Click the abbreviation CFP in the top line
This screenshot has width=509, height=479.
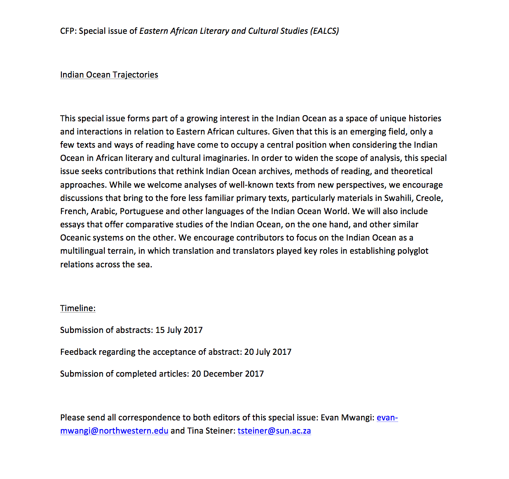[67, 31]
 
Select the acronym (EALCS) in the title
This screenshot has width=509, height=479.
[325, 31]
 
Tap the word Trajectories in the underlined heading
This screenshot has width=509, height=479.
[135, 75]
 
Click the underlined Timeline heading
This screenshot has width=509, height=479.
[77, 308]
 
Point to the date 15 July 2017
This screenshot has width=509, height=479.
[179, 330]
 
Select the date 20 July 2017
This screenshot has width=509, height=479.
[268, 352]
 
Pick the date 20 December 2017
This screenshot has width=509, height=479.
[228, 374]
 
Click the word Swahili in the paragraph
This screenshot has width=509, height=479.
[398, 198]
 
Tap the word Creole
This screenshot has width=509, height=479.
[429, 198]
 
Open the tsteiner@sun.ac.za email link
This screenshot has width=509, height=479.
[274, 431]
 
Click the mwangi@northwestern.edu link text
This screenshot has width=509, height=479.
[114, 431]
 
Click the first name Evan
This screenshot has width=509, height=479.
[330, 418]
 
